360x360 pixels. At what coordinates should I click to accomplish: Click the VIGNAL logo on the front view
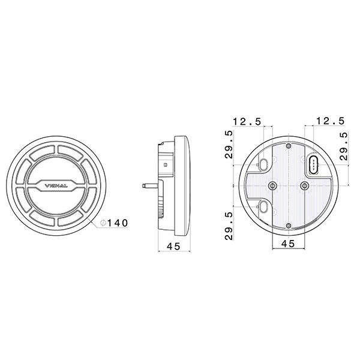tap(56, 186)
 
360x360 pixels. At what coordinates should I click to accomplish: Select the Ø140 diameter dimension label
tap(114, 223)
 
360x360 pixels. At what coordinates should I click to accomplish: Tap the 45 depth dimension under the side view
tap(174, 247)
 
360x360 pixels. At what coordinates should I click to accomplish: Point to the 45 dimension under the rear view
tap(289, 244)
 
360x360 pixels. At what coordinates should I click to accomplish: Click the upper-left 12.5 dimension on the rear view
tap(247, 121)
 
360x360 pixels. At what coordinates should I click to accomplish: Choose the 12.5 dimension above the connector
tap(331, 121)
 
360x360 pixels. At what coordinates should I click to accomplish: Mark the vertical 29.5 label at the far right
tap(344, 146)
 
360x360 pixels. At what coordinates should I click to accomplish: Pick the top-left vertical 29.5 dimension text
tap(229, 145)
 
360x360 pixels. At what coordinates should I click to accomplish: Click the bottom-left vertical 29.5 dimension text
tap(229, 226)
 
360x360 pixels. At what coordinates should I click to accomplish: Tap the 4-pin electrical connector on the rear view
tap(313, 165)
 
